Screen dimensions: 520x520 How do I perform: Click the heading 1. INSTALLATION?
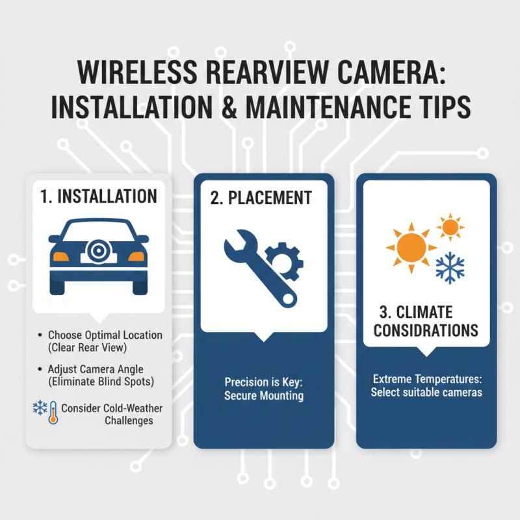(x=98, y=196)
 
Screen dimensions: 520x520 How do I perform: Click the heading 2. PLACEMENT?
(x=261, y=198)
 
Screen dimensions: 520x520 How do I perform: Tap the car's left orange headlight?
(x=61, y=256)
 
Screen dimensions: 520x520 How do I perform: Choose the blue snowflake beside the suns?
(x=448, y=266)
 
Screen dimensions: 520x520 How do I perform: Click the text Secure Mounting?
(x=264, y=395)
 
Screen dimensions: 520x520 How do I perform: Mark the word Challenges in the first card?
(x=129, y=421)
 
